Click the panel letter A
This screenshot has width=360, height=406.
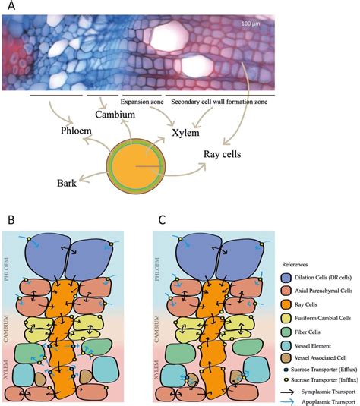click(11, 7)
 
